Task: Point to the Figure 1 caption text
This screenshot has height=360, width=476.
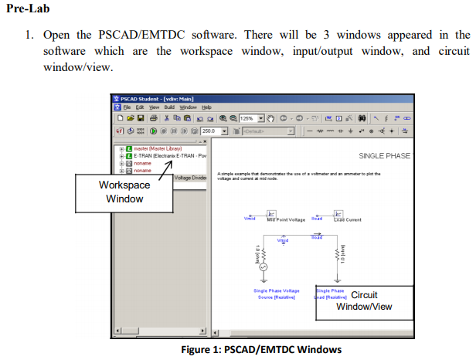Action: [x=260, y=350]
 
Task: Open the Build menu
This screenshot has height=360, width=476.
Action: [x=168, y=107]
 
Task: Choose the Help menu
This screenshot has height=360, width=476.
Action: [x=206, y=107]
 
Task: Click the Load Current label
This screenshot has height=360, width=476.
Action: [x=347, y=219]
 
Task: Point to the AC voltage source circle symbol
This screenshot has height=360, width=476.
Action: [x=262, y=267]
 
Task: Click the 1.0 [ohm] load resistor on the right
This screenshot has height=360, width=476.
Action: [x=338, y=250]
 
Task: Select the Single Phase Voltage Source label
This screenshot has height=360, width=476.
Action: [x=277, y=294]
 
